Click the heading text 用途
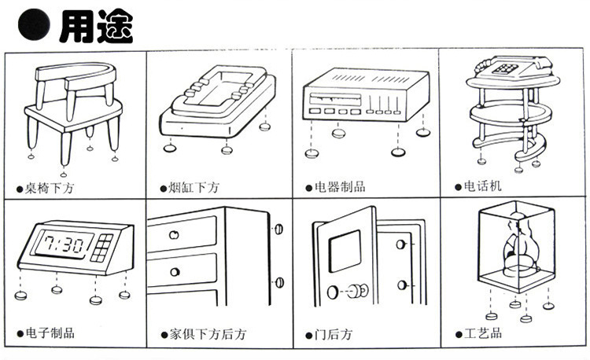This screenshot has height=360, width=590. [95, 24]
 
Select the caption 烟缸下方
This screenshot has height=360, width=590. [194, 187]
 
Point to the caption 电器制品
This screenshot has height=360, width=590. [340, 187]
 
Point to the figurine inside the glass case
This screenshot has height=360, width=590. [515, 244]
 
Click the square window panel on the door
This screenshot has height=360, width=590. [344, 253]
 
